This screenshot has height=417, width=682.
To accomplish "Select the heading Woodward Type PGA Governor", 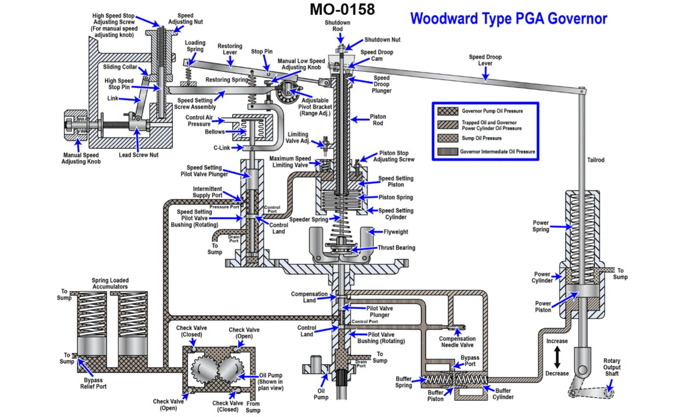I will coord(508,19).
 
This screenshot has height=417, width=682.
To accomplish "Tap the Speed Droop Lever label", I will coord(485,61).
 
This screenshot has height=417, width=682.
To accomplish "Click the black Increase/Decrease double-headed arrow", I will coord(557,357).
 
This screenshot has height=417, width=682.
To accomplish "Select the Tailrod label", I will coord(595,160).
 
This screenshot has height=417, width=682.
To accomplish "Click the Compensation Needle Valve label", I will coord(457,343).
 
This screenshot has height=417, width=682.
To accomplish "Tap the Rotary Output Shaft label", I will coord(620,365).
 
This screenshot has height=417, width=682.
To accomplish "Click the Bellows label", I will coord(215,132).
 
